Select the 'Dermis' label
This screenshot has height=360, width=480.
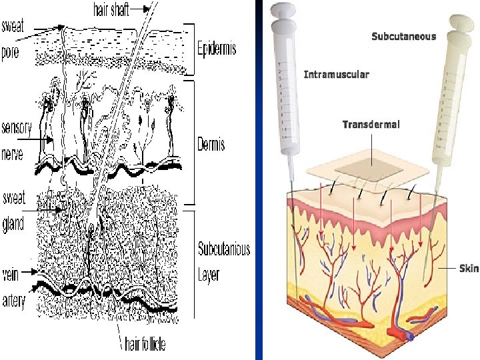211,144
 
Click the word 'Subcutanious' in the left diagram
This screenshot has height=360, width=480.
224,249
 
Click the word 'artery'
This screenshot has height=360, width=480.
14,301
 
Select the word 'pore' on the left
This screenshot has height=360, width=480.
13,52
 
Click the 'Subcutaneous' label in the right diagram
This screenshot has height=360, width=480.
403,36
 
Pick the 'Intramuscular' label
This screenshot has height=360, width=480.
336,74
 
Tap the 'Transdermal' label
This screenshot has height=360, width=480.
371,125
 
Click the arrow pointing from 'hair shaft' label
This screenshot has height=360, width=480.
137,10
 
